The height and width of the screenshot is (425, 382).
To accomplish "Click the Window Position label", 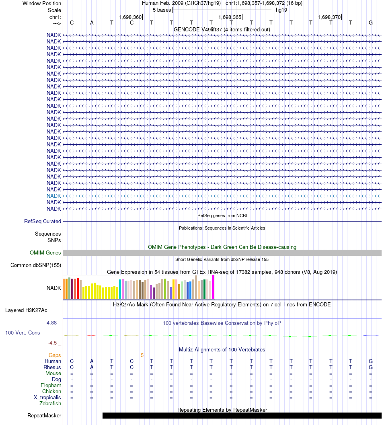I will coord(42,3).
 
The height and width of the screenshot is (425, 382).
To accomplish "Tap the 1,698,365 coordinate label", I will coord(230,17).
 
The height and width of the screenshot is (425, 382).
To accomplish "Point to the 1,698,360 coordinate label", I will coord(130,17).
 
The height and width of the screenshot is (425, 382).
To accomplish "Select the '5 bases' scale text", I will coord(162,10).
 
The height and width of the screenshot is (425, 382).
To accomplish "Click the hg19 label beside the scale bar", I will coord(281,10).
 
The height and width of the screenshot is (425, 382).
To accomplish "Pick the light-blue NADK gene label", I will coord(54,196).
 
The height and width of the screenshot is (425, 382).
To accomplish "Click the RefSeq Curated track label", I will coord(43,221).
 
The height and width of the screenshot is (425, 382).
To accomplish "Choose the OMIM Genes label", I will coord(45,253).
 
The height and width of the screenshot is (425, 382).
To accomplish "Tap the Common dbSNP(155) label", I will coord(36,265).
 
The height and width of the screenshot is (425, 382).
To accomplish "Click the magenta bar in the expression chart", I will coord(213,287).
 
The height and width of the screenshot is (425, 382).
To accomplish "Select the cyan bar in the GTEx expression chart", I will coord(120,289).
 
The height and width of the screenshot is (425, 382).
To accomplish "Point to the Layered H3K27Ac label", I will coord(26,310).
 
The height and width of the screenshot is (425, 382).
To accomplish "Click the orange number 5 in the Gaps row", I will coord(142,355).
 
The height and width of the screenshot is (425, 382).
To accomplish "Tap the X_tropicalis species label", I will coord(47,397).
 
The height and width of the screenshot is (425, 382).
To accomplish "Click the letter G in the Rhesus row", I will coord(370,368).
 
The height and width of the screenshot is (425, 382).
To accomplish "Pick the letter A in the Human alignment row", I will coord(92,361).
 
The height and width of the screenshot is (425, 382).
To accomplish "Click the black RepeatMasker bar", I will coord(241,415).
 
